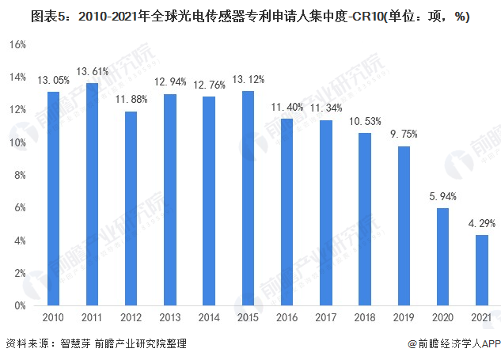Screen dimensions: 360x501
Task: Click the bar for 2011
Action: click(92, 194)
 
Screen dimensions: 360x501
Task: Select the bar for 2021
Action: click(481, 270)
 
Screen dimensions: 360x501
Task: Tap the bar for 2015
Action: click(248, 198)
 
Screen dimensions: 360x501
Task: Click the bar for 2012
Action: click(131, 208)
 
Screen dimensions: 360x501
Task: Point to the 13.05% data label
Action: click(53, 80)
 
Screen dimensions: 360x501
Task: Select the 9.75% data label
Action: click(404, 134)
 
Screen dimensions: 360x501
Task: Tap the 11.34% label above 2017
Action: click(326, 108)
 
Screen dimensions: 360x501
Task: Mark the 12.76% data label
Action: click(209, 84)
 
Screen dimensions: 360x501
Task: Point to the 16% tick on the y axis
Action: click(17, 45)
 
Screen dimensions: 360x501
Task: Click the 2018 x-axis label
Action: click(365, 316)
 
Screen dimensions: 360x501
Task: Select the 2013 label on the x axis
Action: click(170, 316)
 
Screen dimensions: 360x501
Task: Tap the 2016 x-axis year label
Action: click(287, 316)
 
